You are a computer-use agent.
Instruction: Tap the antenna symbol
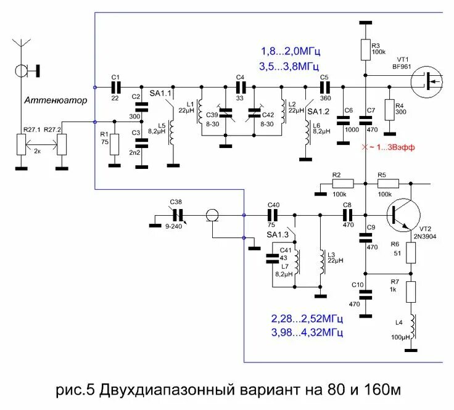point(22,46)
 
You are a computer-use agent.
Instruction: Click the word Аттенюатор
point(56,100)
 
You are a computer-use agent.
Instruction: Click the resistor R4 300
point(389,111)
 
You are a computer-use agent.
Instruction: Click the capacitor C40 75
point(273,215)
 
